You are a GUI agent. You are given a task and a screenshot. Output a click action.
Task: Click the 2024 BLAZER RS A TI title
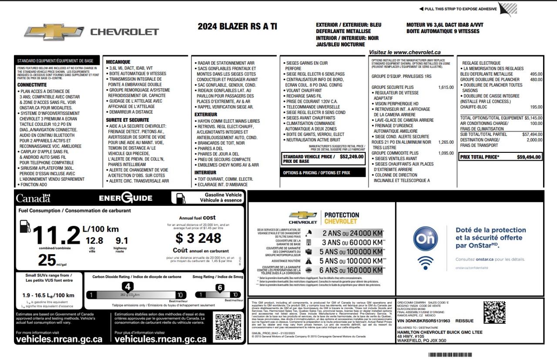[237, 27]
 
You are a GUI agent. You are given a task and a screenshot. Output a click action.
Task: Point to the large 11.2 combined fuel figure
[57, 236]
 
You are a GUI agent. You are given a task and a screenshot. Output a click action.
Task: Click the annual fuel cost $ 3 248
[198, 238]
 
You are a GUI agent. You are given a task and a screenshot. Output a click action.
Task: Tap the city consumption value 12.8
[94, 240]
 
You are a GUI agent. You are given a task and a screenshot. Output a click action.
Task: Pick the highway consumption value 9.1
[122, 240]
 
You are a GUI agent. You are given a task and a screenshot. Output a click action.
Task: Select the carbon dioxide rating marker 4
[128, 286]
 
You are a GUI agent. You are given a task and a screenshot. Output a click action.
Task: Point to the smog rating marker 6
[220, 287]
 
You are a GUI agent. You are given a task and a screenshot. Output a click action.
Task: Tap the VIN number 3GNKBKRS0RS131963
[423, 320]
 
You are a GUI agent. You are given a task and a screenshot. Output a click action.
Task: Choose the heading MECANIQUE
[118, 62]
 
